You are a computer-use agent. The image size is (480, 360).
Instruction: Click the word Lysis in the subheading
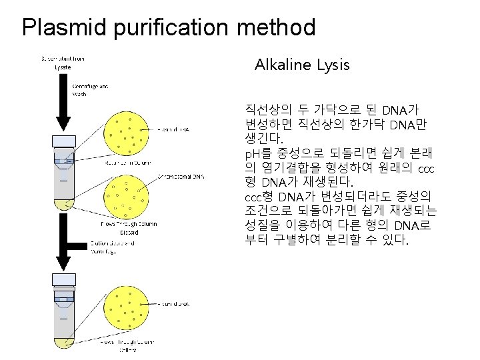331,65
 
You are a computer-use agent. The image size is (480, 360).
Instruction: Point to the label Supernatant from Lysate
63,62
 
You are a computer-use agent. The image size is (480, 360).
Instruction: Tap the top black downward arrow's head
65,123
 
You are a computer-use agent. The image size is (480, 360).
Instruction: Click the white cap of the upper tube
65,141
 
